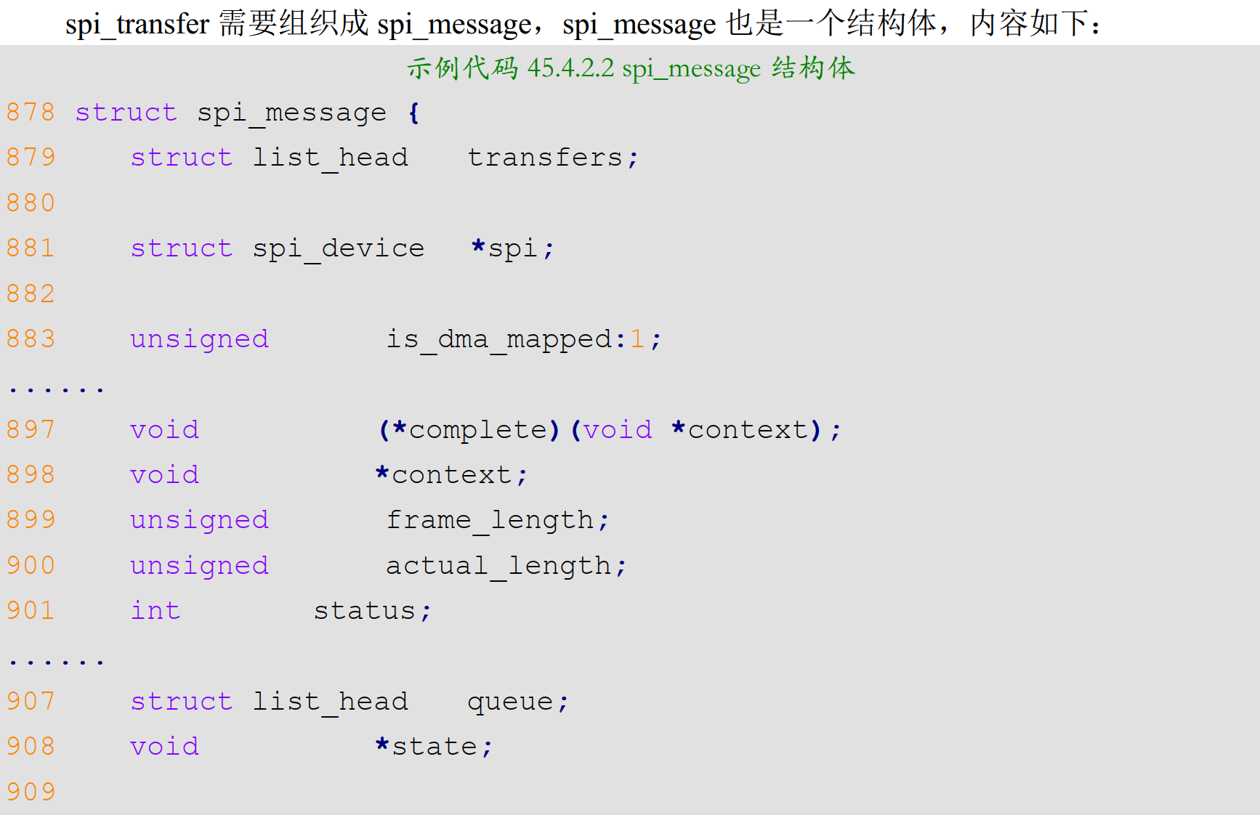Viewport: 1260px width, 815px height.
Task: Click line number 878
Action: point(31,113)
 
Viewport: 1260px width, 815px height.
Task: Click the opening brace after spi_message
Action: point(413,113)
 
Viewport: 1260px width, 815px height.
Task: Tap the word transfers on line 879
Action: point(545,158)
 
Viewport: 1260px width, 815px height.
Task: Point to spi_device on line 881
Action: point(338,249)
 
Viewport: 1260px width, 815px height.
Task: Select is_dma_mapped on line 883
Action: point(498,340)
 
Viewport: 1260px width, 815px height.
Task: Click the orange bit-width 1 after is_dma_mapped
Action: point(637,339)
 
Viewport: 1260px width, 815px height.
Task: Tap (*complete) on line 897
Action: point(469,430)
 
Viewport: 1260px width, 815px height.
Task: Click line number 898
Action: point(31,475)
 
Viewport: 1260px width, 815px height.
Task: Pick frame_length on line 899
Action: point(490,521)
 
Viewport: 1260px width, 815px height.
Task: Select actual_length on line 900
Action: point(498,566)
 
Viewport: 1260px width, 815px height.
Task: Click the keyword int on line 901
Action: point(155,611)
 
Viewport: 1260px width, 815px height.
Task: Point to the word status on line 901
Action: point(364,612)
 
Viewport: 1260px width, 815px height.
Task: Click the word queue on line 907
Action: point(510,702)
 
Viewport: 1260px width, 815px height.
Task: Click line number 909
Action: point(31,792)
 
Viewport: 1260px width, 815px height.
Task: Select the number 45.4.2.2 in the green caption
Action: point(570,68)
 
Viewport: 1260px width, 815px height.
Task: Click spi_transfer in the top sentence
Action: point(137,24)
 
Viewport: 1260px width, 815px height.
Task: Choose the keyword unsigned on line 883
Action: point(199,340)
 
